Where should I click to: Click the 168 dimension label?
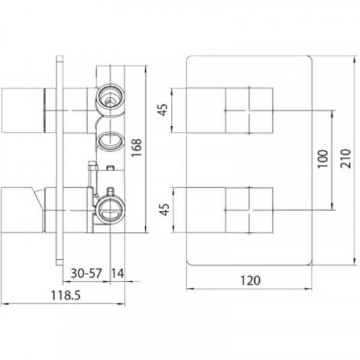pos(137,148)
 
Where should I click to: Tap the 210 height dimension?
pos(346,158)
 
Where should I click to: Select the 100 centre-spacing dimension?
pos(323,159)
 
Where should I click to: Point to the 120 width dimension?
pos(251,280)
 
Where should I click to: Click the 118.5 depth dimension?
pos(66,295)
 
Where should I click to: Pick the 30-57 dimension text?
pos(86,273)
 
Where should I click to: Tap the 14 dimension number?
pos(117,273)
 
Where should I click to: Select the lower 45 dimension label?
pos(164,210)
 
